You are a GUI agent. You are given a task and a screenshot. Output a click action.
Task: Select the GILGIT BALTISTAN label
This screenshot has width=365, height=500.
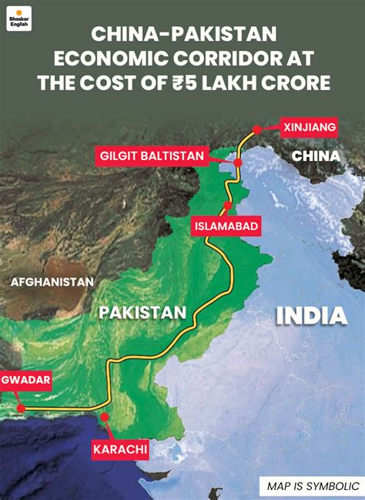(153, 156)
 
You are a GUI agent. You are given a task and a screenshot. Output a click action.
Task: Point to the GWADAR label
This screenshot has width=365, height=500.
(26, 381)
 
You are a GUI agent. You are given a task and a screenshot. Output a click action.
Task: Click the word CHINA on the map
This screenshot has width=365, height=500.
(316, 158)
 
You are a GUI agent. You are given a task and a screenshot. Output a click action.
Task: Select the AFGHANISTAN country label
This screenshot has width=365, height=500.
(52, 282)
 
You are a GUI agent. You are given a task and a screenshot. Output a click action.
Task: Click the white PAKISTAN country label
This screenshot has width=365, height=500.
(143, 312)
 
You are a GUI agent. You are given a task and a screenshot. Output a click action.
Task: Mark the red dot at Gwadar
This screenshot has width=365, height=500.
(21, 408)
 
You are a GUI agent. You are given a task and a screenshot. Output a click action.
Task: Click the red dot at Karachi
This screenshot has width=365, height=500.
(105, 418)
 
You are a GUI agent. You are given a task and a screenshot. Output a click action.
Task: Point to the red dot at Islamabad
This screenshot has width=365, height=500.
(227, 205)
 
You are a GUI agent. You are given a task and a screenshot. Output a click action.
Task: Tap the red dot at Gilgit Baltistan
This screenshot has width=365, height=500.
(238, 163)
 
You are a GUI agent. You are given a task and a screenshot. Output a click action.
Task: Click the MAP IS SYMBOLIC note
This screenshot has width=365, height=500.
(313, 486)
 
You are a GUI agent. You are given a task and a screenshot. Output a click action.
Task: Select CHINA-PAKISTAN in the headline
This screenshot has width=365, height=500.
(182, 33)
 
